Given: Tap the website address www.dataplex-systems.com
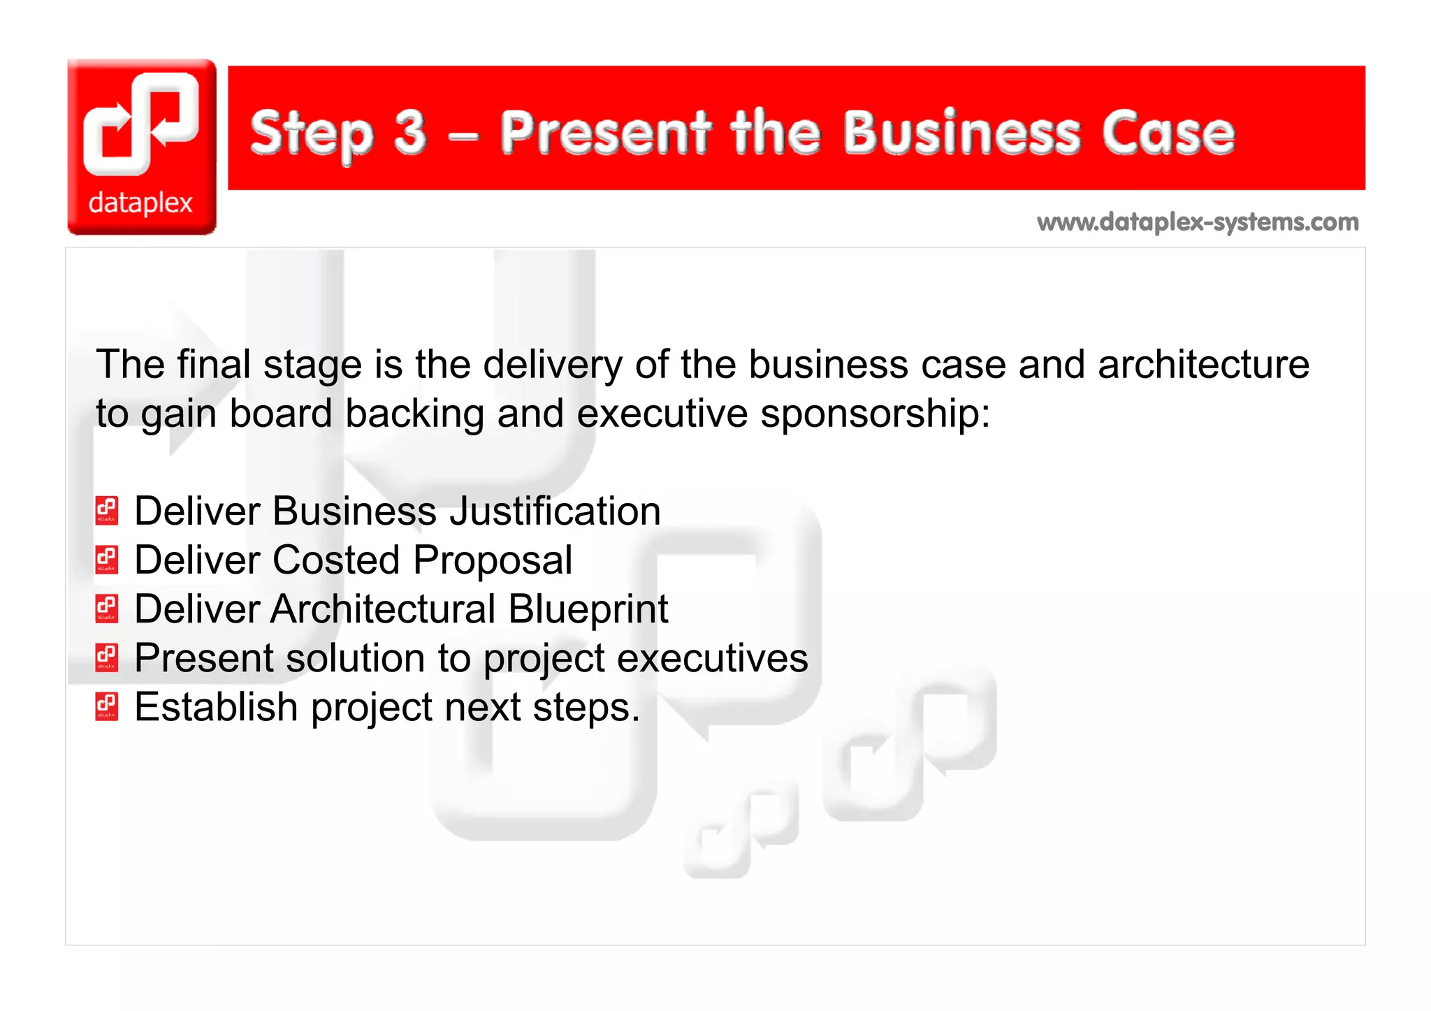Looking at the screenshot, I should [1198, 222].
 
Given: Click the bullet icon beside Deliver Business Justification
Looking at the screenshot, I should [107, 510].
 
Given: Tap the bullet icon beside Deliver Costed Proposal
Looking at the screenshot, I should [107, 559].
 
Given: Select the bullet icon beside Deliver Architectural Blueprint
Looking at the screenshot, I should [107, 608].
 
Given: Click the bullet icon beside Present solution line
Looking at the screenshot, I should [107, 657].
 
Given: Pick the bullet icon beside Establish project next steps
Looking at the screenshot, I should [107, 706].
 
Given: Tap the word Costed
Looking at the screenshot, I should [336, 560].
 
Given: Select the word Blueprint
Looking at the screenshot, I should [588, 610].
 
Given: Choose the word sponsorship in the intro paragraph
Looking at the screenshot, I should [875, 414].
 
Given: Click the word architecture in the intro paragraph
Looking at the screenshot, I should [1203, 365].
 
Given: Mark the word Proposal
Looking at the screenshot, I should [493, 561].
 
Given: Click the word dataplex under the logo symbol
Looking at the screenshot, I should [140, 203].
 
